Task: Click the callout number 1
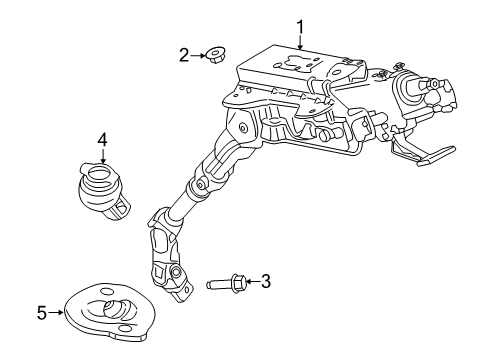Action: pyautogui.click(x=298, y=23)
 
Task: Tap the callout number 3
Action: pyautogui.click(x=265, y=282)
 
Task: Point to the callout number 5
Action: pyautogui.click(x=42, y=314)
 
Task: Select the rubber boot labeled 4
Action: pyautogui.click(x=103, y=188)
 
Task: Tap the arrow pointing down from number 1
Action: pyautogui.click(x=298, y=40)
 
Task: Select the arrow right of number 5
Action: pyautogui.click(x=57, y=314)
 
